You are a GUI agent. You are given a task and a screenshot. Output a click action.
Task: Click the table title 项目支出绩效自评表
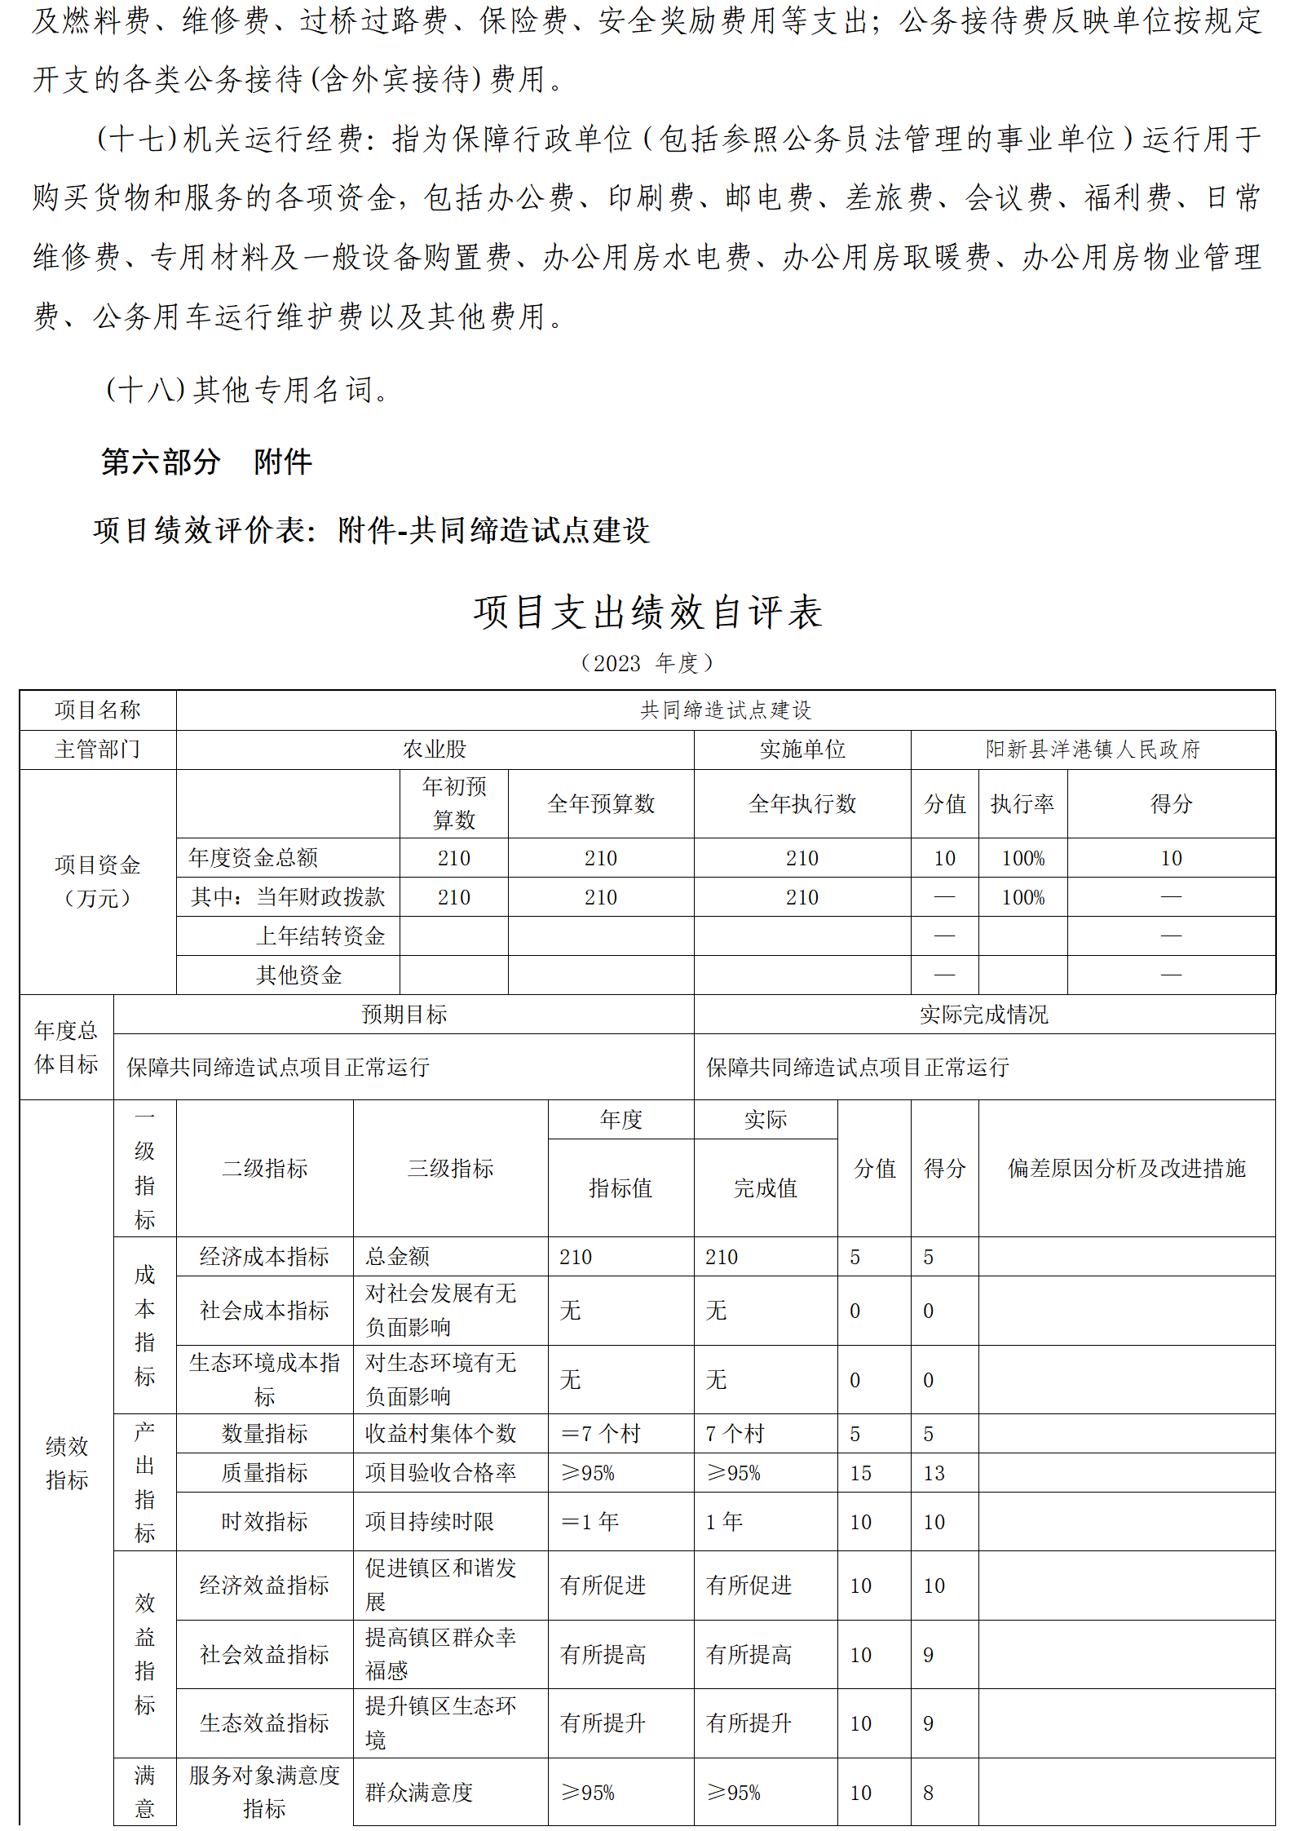pos(647,612)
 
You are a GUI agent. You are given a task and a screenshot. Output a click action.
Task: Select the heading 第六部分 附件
pos(206,462)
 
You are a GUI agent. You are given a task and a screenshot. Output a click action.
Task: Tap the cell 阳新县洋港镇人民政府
pos(1092,749)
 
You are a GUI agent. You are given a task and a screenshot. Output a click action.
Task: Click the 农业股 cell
pos(435,749)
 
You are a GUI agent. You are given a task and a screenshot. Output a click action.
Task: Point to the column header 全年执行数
pos(802,803)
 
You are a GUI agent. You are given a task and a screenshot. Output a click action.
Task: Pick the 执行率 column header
pos(1022,803)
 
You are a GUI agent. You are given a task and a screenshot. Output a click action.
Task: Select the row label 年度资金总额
pos(253,857)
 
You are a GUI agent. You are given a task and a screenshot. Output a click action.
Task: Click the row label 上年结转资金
pos(320,935)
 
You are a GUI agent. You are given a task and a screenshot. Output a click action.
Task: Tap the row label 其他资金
pos(298,975)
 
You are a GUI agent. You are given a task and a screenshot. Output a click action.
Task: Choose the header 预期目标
pos(404,1014)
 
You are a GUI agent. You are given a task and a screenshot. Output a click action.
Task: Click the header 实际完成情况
pos(983,1014)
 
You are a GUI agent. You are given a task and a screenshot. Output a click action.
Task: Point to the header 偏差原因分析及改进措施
pos(1126,1168)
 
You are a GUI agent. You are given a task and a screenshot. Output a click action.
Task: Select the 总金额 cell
pos(397,1256)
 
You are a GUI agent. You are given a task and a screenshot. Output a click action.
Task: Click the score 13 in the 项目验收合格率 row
pos(934,1472)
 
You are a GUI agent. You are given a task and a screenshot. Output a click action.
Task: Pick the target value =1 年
pos(590,1521)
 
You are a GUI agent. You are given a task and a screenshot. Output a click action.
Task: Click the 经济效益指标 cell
pos(264,1585)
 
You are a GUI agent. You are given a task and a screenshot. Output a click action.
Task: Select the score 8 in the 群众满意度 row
pos(928,1792)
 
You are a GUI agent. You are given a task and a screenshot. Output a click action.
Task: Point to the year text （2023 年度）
pos(647,663)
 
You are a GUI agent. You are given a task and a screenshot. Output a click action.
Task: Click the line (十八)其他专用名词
pos(248,390)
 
